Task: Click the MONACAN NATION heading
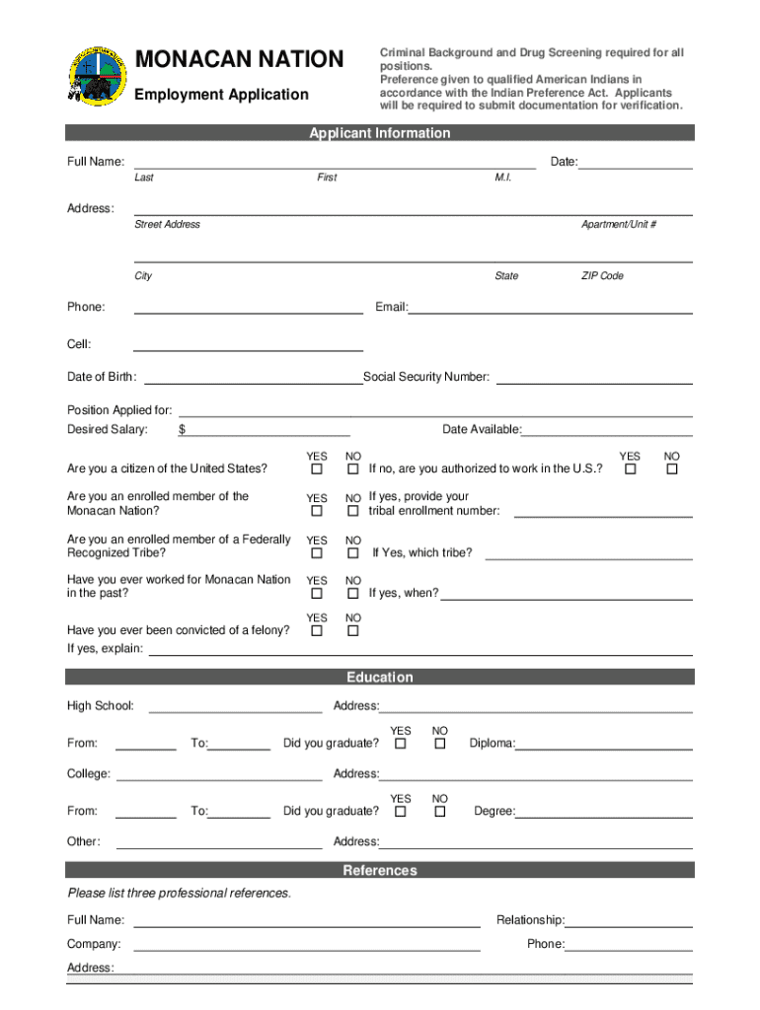click(239, 60)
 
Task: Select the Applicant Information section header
click(379, 133)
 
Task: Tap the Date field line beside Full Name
click(635, 163)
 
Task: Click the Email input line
click(550, 308)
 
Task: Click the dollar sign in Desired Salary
click(183, 430)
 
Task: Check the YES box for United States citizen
click(317, 469)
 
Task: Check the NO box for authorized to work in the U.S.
click(672, 469)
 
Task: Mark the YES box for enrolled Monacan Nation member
click(317, 511)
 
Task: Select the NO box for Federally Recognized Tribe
click(352, 553)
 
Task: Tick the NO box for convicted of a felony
click(352, 630)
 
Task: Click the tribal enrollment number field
click(603, 511)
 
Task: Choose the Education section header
click(379, 678)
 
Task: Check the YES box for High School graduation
click(401, 744)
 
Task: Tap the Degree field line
click(603, 812)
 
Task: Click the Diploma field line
click(603, 744)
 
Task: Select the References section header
click(379, 871)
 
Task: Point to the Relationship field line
click(628, 921)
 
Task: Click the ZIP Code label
click(601, 276)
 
